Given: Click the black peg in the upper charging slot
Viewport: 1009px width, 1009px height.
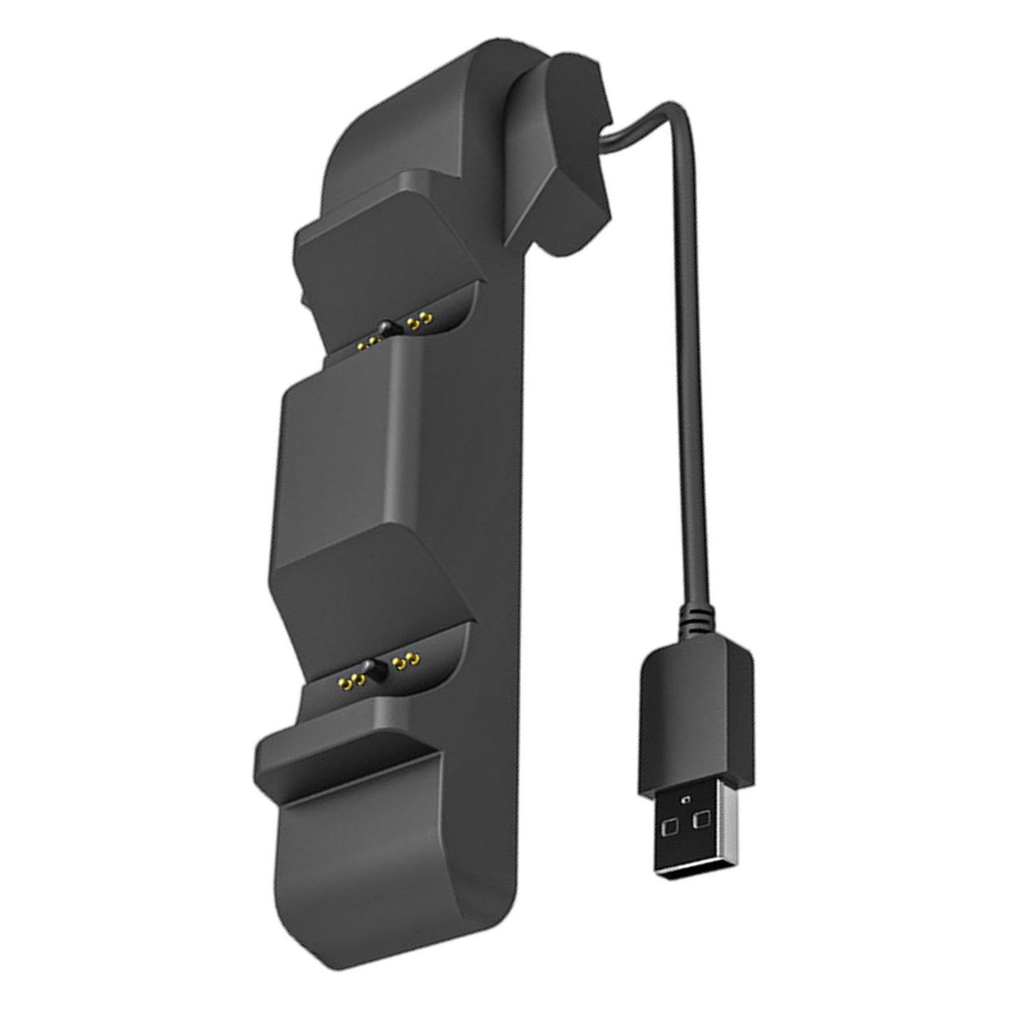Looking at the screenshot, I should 384,327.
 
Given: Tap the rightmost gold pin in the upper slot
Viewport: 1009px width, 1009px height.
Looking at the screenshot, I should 427,320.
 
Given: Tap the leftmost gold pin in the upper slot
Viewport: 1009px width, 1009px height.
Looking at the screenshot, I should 360,344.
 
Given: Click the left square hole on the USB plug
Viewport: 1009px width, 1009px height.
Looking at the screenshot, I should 672,826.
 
